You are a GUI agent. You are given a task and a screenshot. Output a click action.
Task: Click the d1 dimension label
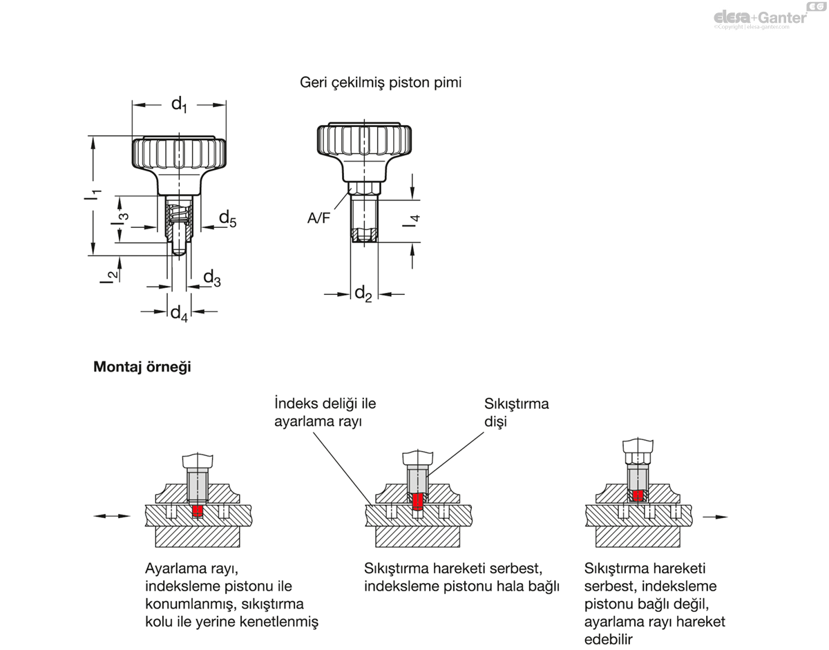pos(179,105)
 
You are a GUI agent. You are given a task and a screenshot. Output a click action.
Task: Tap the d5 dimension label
pos(227,219)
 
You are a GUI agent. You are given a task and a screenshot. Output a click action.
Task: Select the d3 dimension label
pos(211,278)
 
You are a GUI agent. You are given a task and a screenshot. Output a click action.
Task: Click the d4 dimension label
pos(179,313)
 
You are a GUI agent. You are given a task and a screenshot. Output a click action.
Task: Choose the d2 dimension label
pos(363,294)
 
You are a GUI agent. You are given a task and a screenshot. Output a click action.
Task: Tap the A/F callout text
pos(319,218)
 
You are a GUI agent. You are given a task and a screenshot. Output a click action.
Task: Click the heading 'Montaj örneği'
pos(142,367)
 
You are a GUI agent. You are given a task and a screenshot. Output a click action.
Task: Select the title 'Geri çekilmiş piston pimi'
pos(381,82)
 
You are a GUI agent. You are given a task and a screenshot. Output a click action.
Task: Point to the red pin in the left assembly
pos(198,510)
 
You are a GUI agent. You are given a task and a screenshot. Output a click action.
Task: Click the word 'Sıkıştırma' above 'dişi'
pos(517,403)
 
